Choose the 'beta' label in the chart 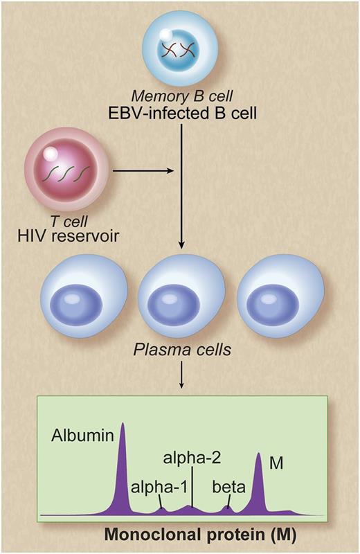point(230,487)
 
